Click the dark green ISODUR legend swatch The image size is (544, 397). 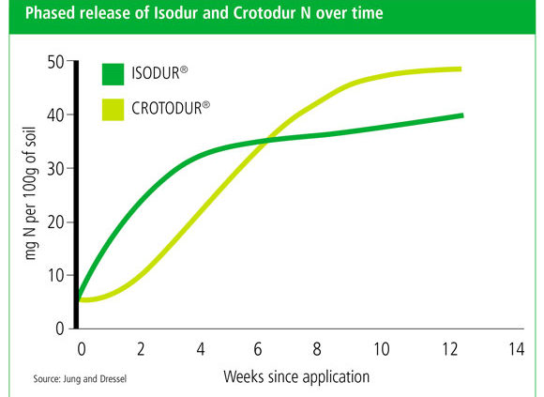[113, 74]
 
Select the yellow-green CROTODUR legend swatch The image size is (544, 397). [113, 110]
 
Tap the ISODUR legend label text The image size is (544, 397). [159, 73]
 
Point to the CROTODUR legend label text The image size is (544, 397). [171, 108]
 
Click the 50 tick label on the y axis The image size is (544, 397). [55, 63]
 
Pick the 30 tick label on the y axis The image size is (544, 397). [55, 169]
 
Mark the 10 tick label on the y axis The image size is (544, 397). [55, 276]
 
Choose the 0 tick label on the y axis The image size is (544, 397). [60, 328]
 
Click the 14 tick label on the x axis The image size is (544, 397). [516, 349]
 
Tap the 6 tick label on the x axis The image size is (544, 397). [257, 349]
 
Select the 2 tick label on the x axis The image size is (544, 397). [141, 349]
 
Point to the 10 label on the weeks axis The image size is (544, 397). [381, 349]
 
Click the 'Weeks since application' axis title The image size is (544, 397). [296, 377]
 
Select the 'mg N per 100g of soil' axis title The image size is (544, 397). [31, 193]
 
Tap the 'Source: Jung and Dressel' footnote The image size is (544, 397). [80, 378]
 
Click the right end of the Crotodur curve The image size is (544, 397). [461, 69]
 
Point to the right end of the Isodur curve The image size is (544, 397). [462, 115]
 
